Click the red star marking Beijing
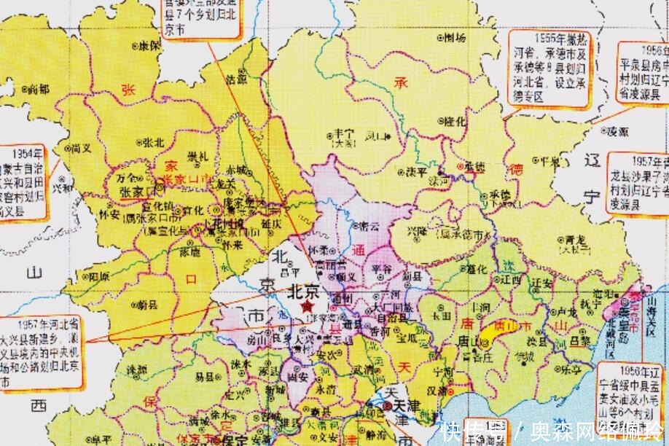click(x=307, y=308)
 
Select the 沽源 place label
click(x=237, y=77)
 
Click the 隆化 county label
click(x=455, y=122)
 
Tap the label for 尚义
click(x=80, y=148)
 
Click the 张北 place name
click(x=153, y=141)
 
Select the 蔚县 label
click(x=146, y=305)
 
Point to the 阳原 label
click(x=98, y=277)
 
